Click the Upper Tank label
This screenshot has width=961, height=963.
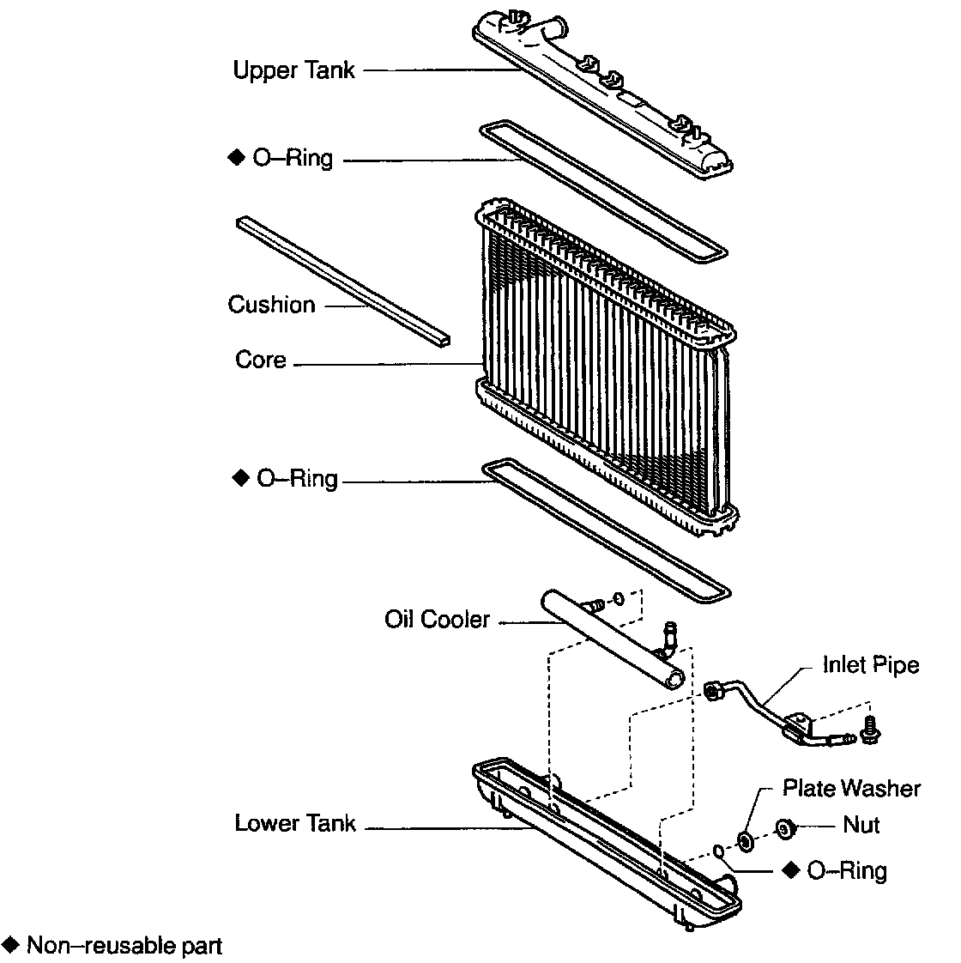(293, 70)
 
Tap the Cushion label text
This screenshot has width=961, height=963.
(271, 305)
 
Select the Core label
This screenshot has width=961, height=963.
(261, 359)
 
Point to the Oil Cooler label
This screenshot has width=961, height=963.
(437, 619)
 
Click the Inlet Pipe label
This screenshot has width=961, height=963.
(871, 664)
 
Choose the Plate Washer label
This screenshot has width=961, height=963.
(851, 788)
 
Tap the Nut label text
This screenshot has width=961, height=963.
(861, 825)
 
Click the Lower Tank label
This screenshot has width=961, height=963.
(295, 824)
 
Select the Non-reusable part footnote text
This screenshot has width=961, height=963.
(124, 946)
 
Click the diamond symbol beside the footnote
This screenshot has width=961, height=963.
(11, 945)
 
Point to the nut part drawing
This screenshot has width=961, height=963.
(783, 827)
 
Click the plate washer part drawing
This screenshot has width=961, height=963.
(745, 839)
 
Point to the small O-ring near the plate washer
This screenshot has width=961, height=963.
(718, 851)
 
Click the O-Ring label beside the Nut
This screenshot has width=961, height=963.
(846, 870)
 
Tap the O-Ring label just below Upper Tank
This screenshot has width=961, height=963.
(293, 159)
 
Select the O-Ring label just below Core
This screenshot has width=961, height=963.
(297, 478)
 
